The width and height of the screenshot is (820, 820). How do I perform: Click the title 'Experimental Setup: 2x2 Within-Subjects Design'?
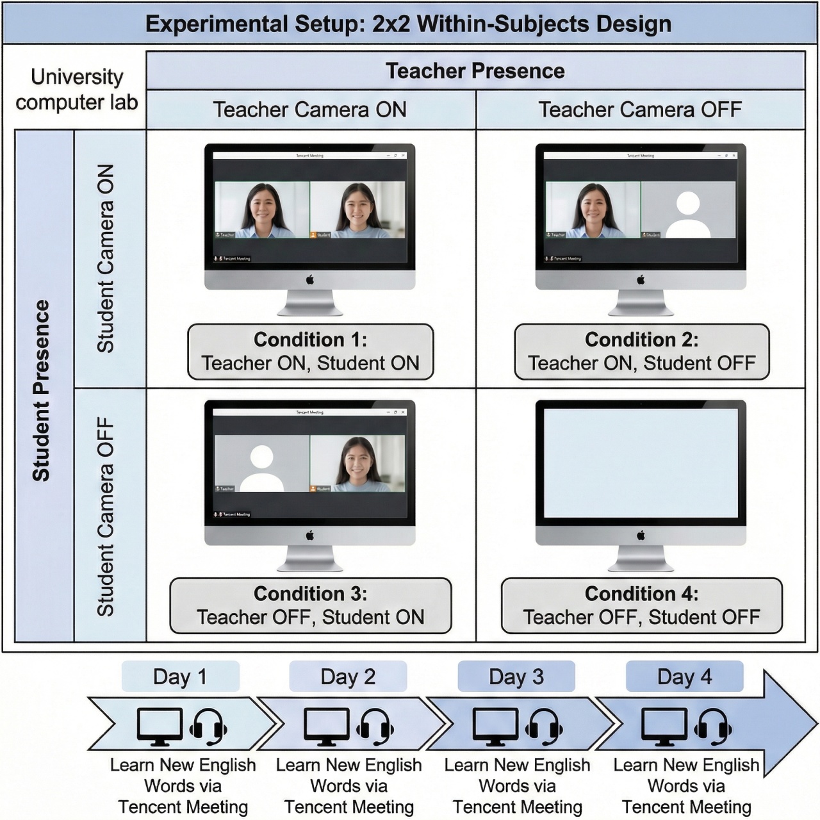coord(409,24)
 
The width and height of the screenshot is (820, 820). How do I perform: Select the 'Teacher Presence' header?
coord(475,70)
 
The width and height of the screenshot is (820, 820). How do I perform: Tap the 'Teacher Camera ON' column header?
coord(310,110)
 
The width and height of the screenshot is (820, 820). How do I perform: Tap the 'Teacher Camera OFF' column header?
coord(639,110)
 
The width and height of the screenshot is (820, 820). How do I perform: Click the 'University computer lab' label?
coord(76,90)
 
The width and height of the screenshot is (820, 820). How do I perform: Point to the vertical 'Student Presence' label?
coord(42,390)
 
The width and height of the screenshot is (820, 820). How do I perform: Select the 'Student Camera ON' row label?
coord(106,258)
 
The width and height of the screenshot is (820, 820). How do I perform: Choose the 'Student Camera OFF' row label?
coord(106,516)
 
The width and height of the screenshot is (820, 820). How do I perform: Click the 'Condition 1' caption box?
coord(310,352)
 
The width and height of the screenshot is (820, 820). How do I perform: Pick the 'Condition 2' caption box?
coord(641,352)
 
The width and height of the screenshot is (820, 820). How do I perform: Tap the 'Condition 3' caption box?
coord(310,606)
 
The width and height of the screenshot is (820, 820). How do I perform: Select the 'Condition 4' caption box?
coord(641,606)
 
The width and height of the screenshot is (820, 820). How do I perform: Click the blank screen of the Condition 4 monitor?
coord(641,463)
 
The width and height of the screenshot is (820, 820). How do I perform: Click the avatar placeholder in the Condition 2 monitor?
coord(688,214)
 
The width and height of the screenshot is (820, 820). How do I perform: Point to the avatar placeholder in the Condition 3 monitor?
coord(261,468)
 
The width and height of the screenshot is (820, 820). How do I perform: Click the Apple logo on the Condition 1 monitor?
coord(310,279)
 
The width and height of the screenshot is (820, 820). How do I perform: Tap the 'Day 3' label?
coord(516,676)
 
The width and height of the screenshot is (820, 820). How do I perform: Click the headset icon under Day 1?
coord(208,728)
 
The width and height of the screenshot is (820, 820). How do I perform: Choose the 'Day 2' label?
coord(348,676)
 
